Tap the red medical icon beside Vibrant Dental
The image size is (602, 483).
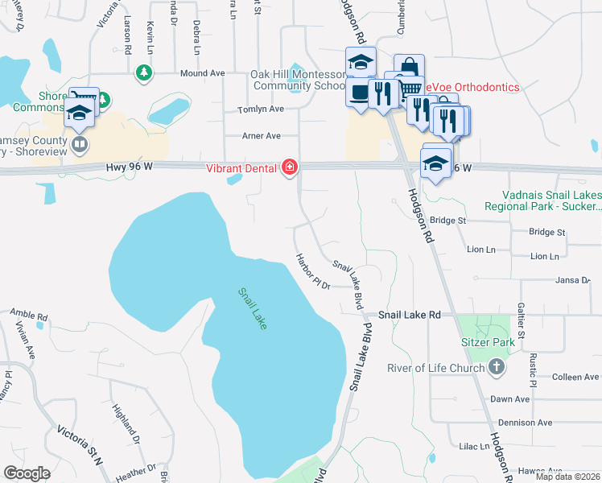point(289,167)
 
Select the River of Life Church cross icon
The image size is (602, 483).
point(497,368)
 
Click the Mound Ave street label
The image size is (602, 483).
point(202,73)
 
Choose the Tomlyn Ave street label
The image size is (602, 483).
point(261,109)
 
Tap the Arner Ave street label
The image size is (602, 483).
point(261,136)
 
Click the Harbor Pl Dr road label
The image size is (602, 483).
point(313,272)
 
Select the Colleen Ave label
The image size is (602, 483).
point(575,377)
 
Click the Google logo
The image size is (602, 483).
point(27,473)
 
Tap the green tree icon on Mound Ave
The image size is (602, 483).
point(144,73)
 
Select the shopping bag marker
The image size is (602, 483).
point(408,66)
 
